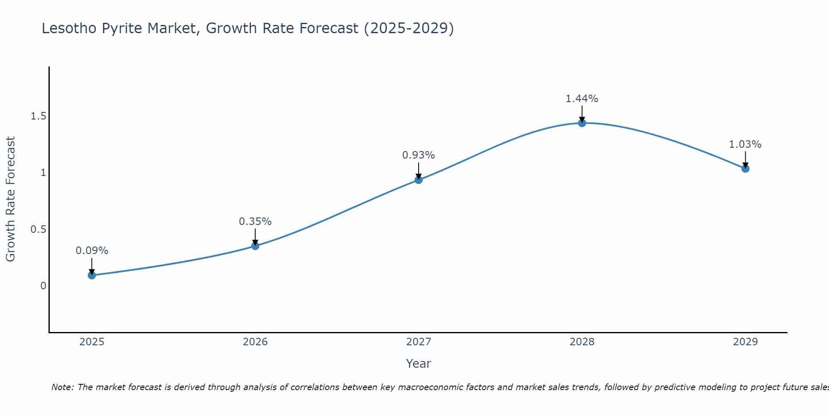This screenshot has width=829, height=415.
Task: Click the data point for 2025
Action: pos(92,275)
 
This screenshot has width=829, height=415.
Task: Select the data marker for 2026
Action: pos(255,246)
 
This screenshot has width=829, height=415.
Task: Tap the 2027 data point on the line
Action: pos(419,180)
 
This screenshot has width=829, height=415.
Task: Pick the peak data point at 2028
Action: pos(582,123)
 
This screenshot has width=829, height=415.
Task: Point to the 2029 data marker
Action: pos(745,168)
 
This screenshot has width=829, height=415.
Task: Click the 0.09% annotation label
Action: pos(92,251)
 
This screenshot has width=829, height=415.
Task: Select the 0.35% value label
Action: pos(255,222)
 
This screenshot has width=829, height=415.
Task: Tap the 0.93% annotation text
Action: pos(419,155)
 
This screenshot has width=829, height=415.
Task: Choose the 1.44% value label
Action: pos(582,99)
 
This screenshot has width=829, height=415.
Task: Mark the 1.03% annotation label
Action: pos(745,144)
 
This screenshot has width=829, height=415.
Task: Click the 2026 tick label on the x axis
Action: pos(255,342)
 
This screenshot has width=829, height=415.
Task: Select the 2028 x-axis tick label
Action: pos(582,342)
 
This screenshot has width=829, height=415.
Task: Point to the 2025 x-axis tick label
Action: pos(92,342)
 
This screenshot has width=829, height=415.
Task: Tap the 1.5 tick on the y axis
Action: pos(38,116)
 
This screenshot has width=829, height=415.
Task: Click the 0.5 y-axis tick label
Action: pos(38,229)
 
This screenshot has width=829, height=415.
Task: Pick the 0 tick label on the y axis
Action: pos(43,286)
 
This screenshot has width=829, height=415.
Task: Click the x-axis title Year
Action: pos(419,364)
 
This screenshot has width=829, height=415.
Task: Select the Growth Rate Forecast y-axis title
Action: pos(11,199)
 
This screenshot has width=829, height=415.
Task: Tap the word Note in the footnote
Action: pos(62,387)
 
